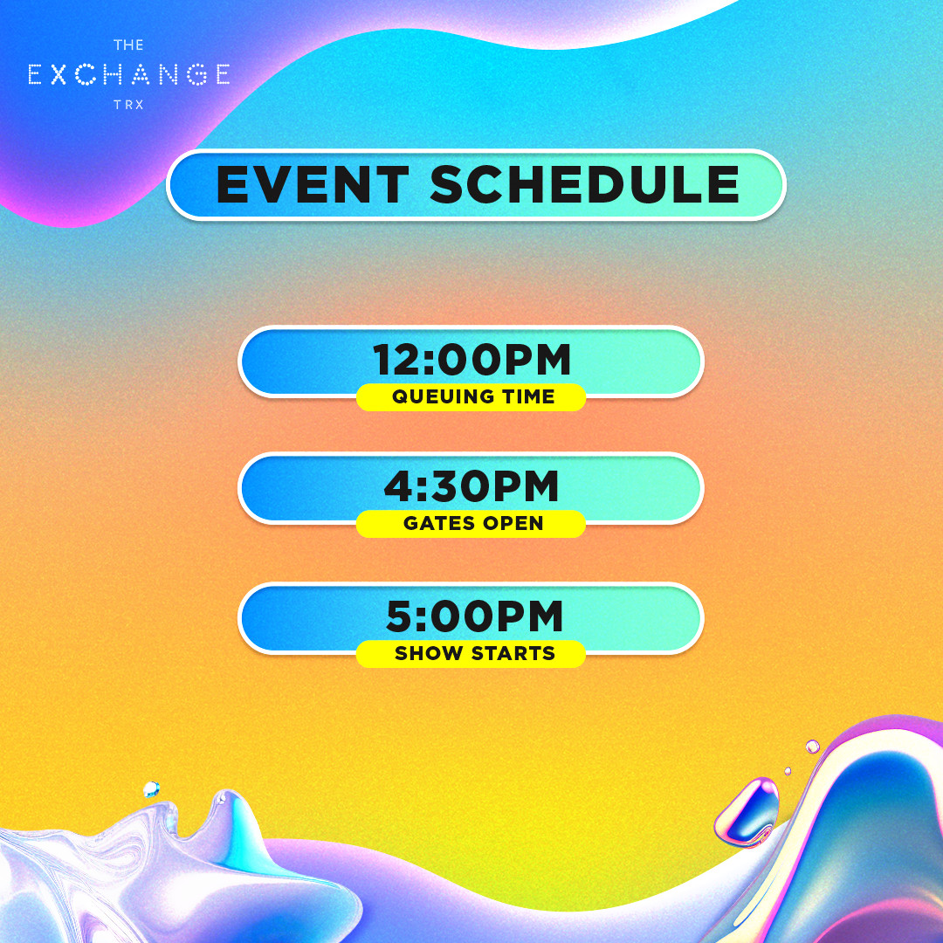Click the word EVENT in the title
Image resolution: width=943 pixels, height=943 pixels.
coord(312,184)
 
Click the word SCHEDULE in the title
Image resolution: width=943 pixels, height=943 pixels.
coord(584,184)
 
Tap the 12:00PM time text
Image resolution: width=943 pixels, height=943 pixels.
coord(471,360)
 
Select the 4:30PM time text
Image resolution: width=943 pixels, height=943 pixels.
coord(471,486)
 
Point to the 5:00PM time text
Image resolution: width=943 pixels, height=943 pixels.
coord(474,616)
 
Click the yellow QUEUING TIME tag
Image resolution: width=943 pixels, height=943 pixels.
coord(471,397)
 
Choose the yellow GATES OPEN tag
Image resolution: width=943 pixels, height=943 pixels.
coord(471,523)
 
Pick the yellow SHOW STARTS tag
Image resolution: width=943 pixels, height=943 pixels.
coord(471,653)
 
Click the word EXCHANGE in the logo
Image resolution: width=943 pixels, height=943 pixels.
coord(128,74)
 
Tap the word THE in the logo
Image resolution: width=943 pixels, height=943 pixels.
coord(128,45)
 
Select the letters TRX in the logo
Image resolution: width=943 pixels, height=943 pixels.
coord(128,105)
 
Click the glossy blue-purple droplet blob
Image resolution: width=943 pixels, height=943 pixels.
coord(747,812)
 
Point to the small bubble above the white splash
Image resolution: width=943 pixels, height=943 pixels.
coord(151,789)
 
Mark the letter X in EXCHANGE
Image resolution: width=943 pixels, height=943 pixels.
coord(59,74)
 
